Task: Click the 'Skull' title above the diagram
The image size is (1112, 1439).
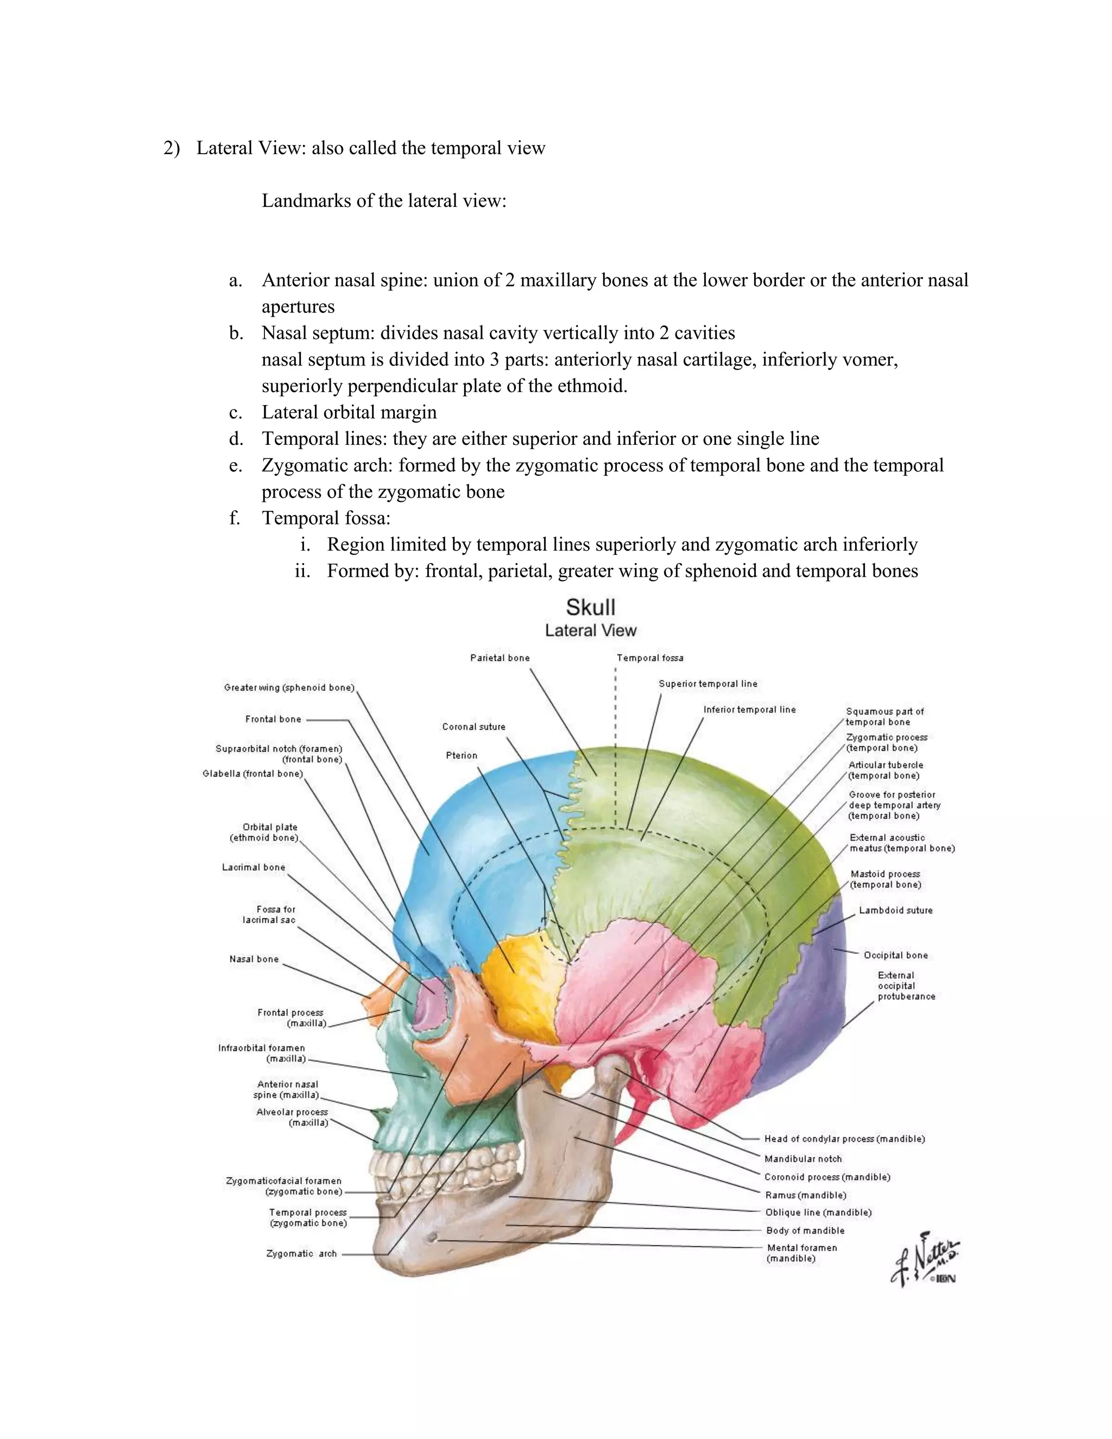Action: [x=590, y=607]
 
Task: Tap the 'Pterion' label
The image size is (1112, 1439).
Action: [x=461, y=755]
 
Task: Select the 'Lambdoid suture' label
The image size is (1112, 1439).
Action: [x=895, y=910]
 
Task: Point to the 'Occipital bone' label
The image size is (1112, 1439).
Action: [x=895, y=955]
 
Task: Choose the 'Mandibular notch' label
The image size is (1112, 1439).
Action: [x=803, y=1158]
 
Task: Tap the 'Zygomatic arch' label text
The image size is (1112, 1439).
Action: [x=301, y=1253]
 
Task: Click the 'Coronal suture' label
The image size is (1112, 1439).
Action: [x=473, y=726]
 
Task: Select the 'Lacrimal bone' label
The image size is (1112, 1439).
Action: [x=254, y=867]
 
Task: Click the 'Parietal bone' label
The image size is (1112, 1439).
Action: [x=500, y=658]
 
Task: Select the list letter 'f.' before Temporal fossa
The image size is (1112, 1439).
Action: [x=235, y=518]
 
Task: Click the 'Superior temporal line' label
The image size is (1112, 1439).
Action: [x=707, y=683]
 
